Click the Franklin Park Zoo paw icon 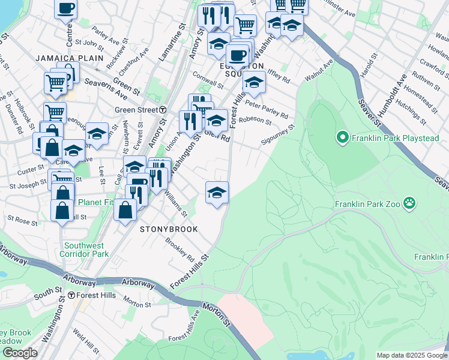coord(411,203)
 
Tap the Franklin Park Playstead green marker coord(343,138)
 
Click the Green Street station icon coord(163,110)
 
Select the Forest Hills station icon coord(71,295)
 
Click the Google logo coord(19,353)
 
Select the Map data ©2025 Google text coord(412,355)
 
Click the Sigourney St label coord(278,136)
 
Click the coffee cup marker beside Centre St coord(66,8)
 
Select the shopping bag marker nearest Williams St coord(125,211)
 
